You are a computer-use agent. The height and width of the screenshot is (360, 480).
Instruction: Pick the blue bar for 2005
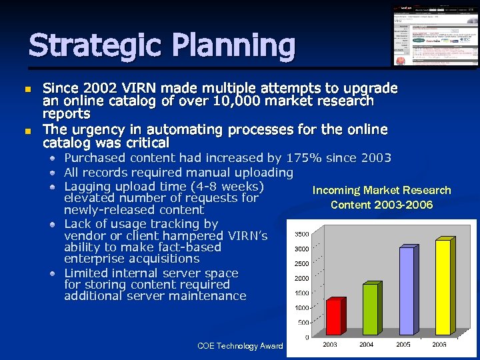point(406,291)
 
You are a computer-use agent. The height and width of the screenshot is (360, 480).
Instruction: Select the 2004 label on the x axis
point(367,344)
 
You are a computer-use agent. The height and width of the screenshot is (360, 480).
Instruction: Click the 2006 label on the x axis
point(439,344)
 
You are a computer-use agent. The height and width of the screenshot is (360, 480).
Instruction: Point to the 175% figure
point(304,158)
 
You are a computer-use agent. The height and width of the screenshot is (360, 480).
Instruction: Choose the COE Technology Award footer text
point(240,345)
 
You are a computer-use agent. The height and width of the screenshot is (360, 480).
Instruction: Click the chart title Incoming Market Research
point(381,191)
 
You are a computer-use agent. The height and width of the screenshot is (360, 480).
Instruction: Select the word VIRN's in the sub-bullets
point(247,236)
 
